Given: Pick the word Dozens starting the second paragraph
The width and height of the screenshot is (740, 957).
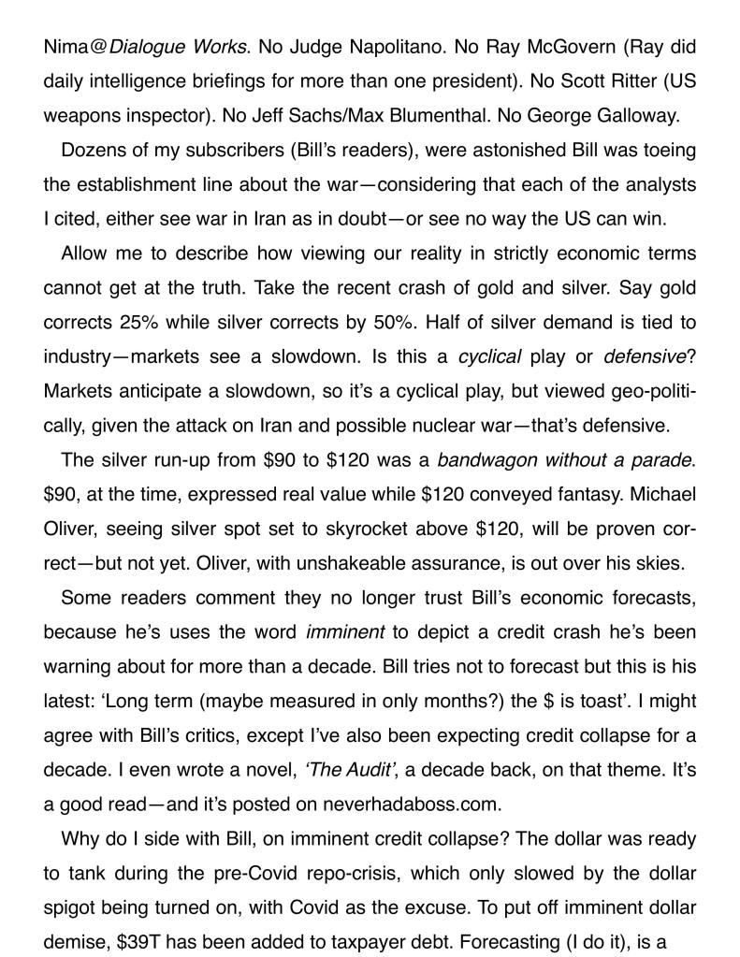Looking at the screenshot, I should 92,151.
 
